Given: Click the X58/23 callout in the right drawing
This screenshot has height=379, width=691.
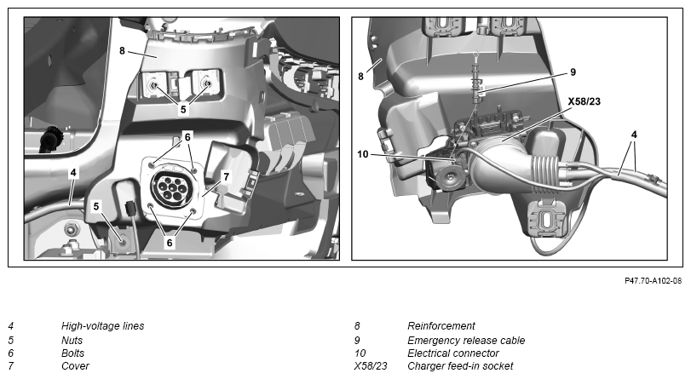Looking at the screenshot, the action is pyautogui.click(x=584, y=102).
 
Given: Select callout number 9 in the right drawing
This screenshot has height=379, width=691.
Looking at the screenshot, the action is pyautogui.click(x=573, y=72).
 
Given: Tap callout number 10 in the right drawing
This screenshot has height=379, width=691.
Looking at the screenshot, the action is pyautogui.click(x=363, y=154).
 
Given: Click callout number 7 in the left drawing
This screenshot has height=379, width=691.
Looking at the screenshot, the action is pyautogui.click(x=227, y=176).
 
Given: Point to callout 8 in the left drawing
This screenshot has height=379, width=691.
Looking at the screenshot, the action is pyautogui.click(x=122, y=51).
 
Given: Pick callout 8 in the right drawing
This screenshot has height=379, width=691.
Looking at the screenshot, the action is pyautogui.click(x=361, y=77).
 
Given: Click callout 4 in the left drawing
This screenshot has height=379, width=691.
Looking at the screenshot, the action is pyautogui.click(x=73, y=173).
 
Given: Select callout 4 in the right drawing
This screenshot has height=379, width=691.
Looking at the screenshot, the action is pyautogui.click(x=634, y=135).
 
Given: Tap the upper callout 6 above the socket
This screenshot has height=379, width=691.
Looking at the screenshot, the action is pyautogui.click(x=187, y=137).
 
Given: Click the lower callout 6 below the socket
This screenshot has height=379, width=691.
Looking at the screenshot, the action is pyautogui.click(x=170, y=243).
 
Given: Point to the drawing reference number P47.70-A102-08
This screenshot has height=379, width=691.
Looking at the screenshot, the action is pyautogui.click(x=654, y=281).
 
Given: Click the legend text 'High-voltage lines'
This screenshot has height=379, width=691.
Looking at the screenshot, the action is pyautogui.click(x=103, y=326).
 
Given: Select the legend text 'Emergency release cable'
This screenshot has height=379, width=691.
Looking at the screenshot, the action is pyautogui.click(x=466, y=340).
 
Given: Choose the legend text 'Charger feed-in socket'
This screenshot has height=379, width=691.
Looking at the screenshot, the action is pyautogui.click(x=460, y=365).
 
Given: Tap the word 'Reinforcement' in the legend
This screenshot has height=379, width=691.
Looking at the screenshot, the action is pyautogui.click(x=441, y=326).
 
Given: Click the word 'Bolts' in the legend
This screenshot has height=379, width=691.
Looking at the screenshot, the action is pyautogui.click(x=72, y=353).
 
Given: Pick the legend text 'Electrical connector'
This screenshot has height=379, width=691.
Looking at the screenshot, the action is pyautogui.click(x=453, y=353).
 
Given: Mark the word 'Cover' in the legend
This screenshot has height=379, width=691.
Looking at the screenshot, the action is pyautogui.click(x=75, y=365).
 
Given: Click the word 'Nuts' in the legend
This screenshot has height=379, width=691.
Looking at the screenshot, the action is pyautogui.click(x=72, y=340).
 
